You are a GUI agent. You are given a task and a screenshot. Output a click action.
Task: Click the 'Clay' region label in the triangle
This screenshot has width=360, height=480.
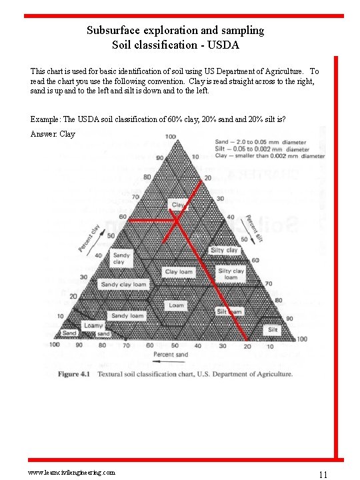[178, 205]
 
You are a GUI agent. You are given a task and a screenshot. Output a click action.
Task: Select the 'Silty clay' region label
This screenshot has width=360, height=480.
[224, 250]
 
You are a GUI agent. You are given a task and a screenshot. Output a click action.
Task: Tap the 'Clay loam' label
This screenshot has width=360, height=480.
[179, 272]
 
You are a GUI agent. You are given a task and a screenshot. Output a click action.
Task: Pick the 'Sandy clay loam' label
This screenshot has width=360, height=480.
[123, 285]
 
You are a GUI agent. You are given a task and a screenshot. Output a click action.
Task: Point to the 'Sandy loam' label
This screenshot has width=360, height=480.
[127, 316]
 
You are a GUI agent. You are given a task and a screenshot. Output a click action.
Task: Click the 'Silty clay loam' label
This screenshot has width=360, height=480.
[231, 274]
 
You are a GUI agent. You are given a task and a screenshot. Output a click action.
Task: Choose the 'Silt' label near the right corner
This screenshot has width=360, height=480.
[273, 330]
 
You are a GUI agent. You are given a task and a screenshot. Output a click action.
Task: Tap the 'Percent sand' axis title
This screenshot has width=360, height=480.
[171, 355]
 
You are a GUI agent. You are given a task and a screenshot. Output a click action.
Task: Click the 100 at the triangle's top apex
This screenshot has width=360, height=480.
[171, 137]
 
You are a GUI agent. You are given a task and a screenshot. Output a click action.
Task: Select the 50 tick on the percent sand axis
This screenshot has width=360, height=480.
[175, 346]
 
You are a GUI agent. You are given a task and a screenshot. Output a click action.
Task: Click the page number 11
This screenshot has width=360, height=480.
[323, 475]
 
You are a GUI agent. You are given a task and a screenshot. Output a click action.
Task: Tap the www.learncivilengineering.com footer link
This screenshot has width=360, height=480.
[71, 471]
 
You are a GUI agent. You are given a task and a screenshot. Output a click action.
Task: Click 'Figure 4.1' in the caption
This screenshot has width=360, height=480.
[78, 374]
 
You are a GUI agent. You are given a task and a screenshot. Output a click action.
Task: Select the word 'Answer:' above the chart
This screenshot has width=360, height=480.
[44, 134]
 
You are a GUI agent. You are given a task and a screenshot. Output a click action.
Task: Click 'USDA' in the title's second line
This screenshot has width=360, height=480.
[224, 45]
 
